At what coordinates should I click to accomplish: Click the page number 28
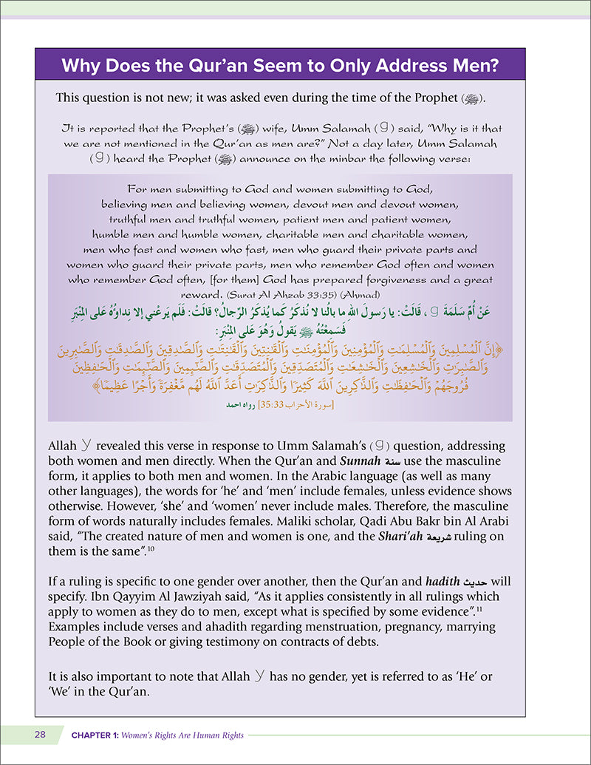click(x=39, y=735)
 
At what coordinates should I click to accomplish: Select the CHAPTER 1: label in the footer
click(x=98, y=735)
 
